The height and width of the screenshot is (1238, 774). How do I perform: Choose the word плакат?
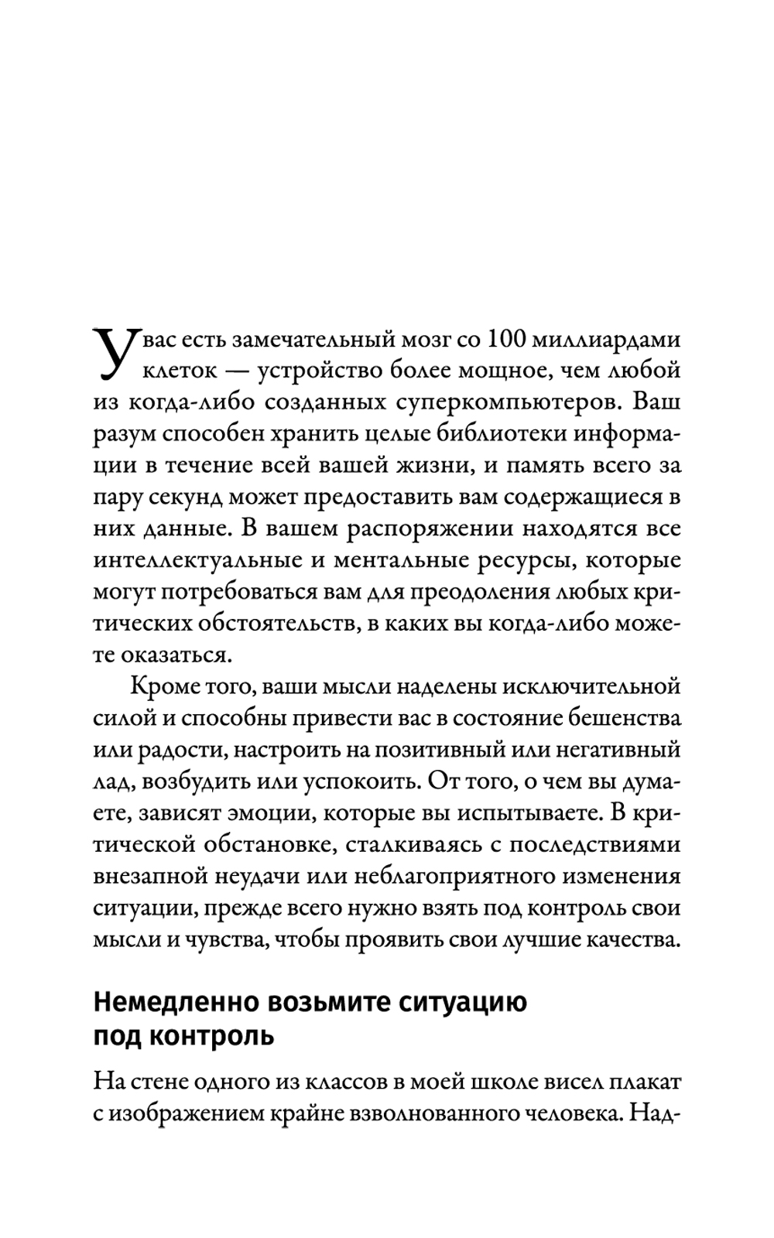coord(644,1081)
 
